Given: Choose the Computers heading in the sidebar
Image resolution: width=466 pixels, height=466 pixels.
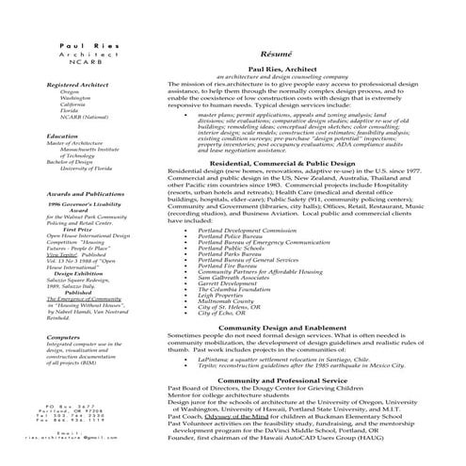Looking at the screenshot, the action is click(x=63, y=336).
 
